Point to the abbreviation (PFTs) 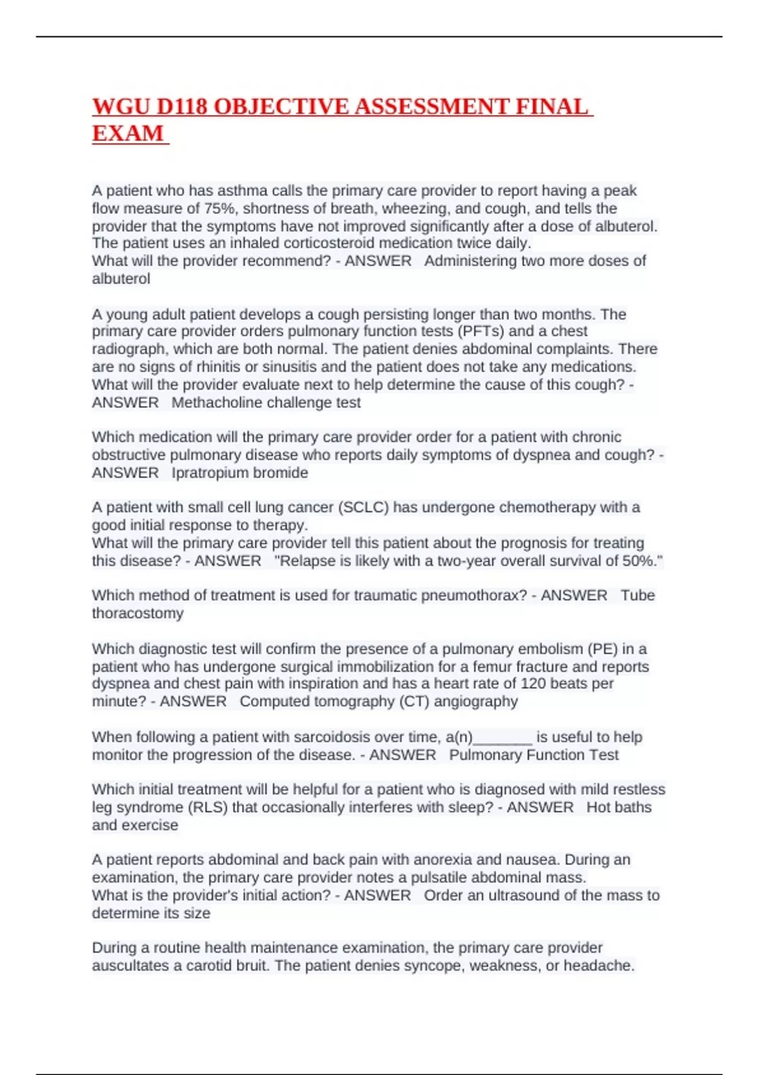tap(481, 331)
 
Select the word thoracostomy tap(138, 613)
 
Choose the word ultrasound tap(527, 895)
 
